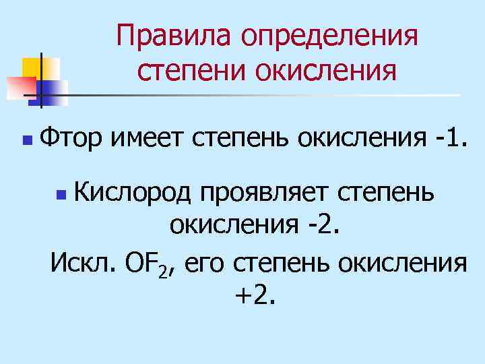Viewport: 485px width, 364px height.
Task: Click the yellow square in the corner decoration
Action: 34,67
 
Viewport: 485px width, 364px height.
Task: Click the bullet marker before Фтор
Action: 26,141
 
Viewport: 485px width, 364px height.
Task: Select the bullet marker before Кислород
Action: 61,196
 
